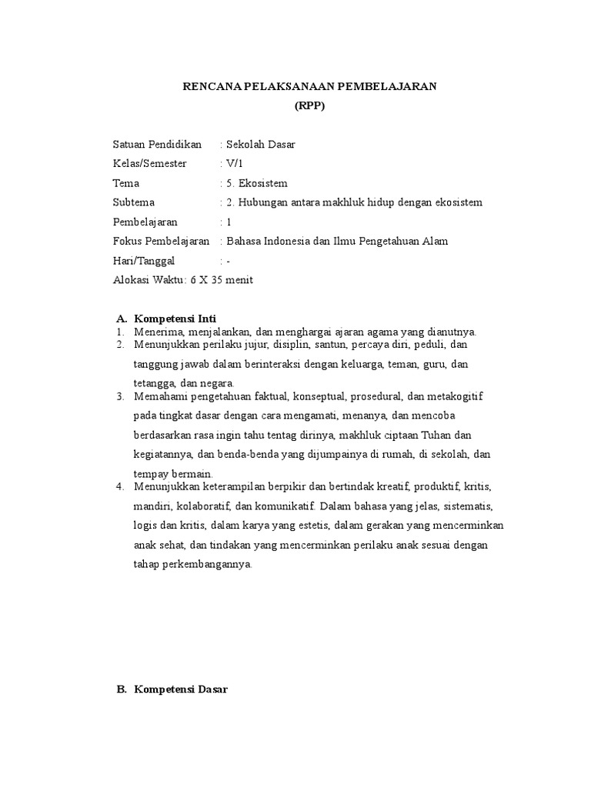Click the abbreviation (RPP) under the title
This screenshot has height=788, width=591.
310,106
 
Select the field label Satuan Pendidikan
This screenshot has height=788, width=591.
157,144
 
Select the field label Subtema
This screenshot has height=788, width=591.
134,202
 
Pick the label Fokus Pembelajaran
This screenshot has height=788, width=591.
161,241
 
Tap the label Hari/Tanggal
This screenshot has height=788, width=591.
144,261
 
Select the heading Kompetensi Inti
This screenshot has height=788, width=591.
175,318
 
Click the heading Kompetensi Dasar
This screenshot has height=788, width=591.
181,689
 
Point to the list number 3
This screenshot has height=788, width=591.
120,396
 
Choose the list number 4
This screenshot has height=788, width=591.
120,487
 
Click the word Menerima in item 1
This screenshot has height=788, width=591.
156,332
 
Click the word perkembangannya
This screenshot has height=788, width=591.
213,564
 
